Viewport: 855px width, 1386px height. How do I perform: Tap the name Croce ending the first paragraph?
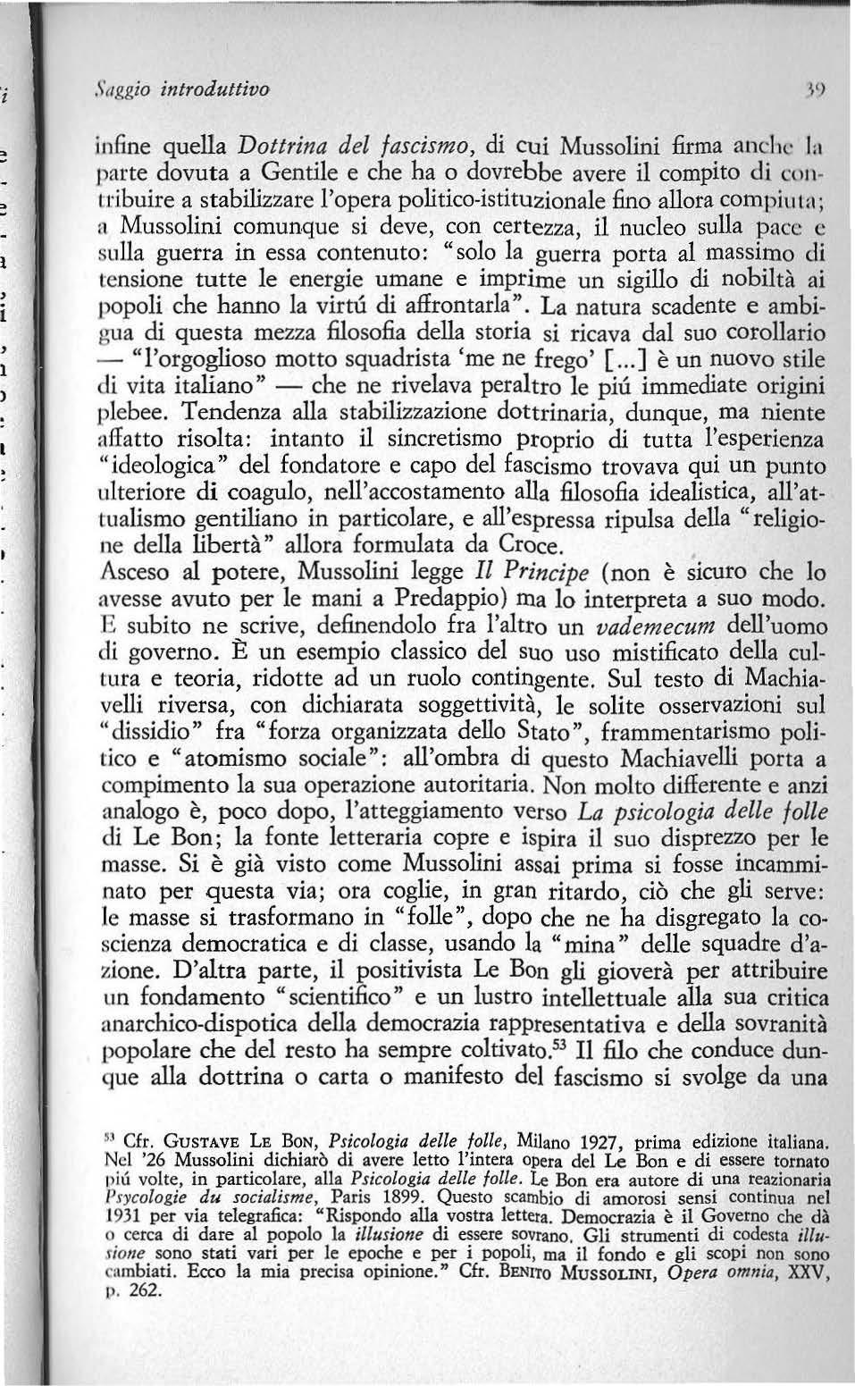(532, 543)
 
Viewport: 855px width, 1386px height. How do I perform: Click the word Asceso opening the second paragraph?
(131, 570)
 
